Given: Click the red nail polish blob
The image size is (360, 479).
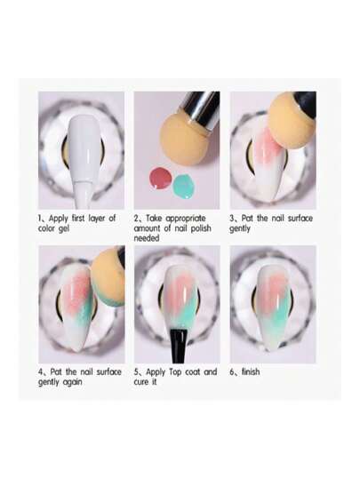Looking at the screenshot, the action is click(160, 179).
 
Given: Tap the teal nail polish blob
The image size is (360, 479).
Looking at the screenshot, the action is click(184, 185).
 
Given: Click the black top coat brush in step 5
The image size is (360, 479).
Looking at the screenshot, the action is click(178, 346).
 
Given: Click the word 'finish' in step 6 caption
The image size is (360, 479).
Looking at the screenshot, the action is click(251, 371).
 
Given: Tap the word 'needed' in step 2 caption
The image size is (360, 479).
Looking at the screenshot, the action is click(147, 238).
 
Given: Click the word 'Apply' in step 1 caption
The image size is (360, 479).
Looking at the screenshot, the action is click(59, 219).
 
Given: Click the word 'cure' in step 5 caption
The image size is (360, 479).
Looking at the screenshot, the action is click(140, 382).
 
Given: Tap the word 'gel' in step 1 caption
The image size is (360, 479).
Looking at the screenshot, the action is click(64, 228).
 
